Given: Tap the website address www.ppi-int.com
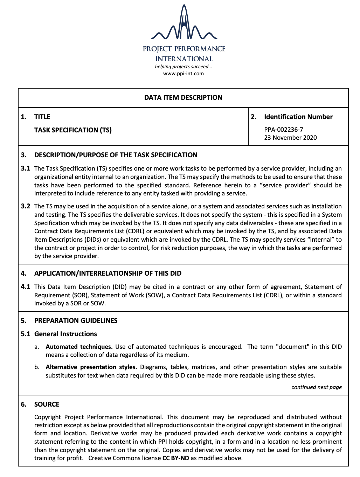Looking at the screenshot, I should pos(184,74).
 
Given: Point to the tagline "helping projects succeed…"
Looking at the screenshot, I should pos(184,67).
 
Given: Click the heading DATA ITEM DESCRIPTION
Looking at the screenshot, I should pos(183,98).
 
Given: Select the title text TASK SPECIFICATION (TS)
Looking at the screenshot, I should pos(73,130).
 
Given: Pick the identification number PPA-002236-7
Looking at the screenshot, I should pos(284,130).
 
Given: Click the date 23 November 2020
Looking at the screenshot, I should pos(290,138).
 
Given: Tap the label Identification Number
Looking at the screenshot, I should pos(298,117).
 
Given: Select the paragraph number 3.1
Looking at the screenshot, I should pos(26,168).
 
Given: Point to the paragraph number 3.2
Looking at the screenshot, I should pos(26,206).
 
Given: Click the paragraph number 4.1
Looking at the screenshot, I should pos(26,287).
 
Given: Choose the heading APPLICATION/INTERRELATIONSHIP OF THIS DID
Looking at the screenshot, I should pos(108,274).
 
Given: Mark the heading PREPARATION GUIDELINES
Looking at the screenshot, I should pos(76,321).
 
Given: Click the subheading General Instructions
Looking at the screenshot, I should pos(65,334).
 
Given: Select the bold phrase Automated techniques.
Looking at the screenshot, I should pos(79,347).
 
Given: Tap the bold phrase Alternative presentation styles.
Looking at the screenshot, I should pos(91,367).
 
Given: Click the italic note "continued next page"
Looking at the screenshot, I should pos(316,387).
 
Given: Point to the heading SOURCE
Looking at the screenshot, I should pos(47,405).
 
